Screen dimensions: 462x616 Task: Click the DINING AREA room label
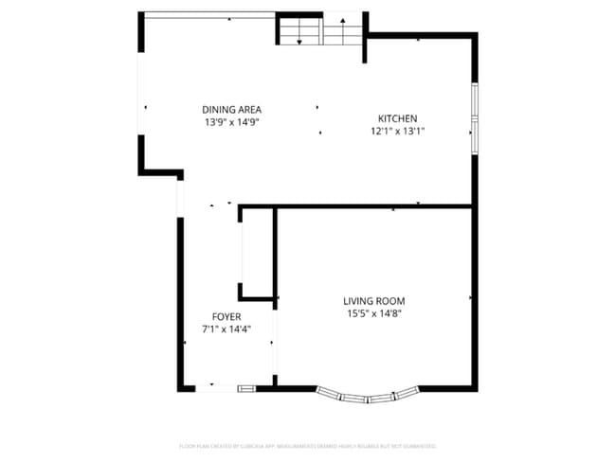tap(231, 109)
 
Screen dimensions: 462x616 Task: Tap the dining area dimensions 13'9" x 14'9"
tap(231, 122)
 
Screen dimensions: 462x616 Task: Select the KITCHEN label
tap(397, 118)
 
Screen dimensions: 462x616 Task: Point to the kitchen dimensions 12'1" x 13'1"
tap(397, 132)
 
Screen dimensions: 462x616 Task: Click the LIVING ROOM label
tap(373, 301)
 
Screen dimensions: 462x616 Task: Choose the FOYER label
tap(226, 316)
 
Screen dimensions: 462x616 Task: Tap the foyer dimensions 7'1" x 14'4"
tap(226, 329)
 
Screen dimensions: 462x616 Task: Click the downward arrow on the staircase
tap(300, 38)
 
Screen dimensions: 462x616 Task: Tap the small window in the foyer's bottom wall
tap(246, 387)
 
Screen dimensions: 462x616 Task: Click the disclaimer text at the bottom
tap(307, 445)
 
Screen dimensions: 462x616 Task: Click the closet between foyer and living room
tap(257, 254)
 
